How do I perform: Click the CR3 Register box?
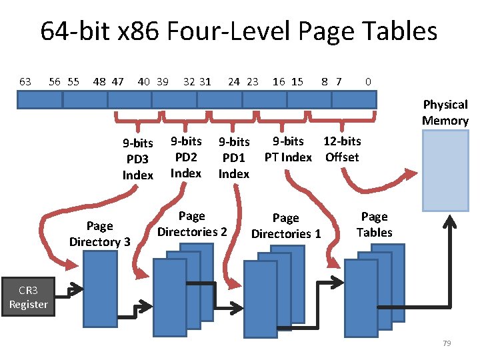click(x=28, y=298)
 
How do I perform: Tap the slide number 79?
click(x=447, y=343)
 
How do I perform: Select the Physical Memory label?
click(x=445, y=113)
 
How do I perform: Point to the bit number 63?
click(x=25, y=81)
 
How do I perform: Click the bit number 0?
click(x=368, y=81)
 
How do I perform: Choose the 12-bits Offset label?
click(x=342, y=149)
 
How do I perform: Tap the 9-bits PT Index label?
click(x=288, y=149)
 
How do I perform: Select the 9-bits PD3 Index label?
click(x=138, y=159)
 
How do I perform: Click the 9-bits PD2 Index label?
click(x=186, y=157)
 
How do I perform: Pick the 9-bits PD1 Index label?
click(x=234, y=157)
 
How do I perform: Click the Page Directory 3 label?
click(x=100, y=234)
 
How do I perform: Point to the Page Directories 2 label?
click(x=192, y=224)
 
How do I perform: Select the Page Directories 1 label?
click(x=286, y=226)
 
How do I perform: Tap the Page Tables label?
click(x=375, y=225)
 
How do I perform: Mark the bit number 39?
click(x=163, y=81)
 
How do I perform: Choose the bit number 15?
click(x=297, y=81)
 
